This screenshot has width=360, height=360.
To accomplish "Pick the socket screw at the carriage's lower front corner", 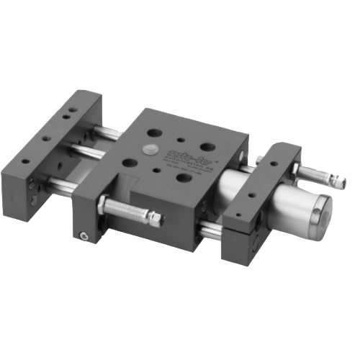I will [x=84, y=235].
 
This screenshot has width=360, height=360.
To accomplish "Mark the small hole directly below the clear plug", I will [x=153, y=171].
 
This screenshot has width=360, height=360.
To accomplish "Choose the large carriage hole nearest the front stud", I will [x=129, y=163].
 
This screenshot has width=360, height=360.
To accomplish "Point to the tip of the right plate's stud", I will [x=343, y=183].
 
